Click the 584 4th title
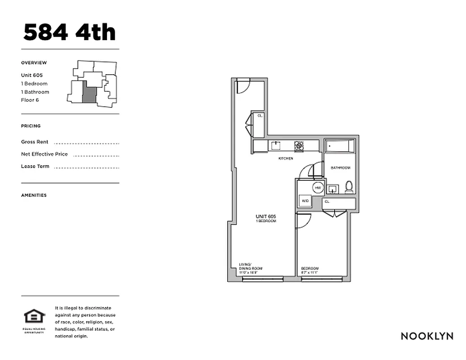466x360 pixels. coord(69,32)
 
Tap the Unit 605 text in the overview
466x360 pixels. coord(32,76)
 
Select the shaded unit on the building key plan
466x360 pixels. coord(89,94)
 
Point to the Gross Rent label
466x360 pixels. coord(35,142)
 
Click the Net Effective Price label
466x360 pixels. coord(45,154)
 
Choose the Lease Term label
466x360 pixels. coord(35,166)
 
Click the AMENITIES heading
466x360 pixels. coord(34,195)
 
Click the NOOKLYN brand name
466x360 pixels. coord(427,336)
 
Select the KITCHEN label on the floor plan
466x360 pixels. coord(286,158)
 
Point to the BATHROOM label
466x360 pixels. coord(340,168)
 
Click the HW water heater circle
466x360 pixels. coord(318,188)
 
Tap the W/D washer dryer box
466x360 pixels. coord(305,201)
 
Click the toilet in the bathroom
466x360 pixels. coord(349,187)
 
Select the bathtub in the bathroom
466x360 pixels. coord(340,146)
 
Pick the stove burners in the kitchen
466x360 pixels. coord(299,145)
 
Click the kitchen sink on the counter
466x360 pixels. coord(275,145)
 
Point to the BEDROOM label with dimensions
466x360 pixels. coord(310,270)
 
